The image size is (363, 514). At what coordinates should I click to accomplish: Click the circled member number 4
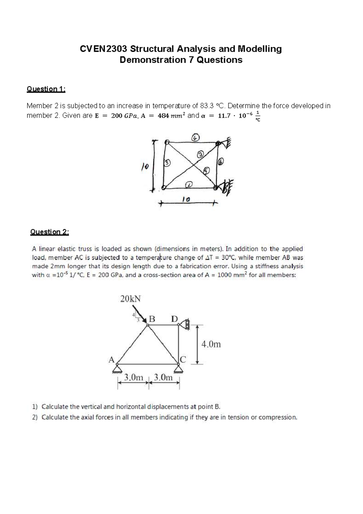pos(195,138)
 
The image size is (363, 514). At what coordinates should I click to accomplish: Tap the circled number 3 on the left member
pos(167,163)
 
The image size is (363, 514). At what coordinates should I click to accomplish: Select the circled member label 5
pos(207,171)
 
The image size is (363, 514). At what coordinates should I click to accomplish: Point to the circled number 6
pos(221,162)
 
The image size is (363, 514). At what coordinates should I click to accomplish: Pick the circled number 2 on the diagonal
pos(200,155)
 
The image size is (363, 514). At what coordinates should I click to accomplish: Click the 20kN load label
pos(130,299)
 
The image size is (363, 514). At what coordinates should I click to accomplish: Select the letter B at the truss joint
pos(152,319)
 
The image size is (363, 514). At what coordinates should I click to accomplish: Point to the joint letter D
pos(175,319)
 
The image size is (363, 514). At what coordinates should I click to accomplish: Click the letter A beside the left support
pos(111,360)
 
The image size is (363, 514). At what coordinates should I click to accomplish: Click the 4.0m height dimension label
pos(211,344)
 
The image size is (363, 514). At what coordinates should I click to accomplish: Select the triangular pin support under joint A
pos(117,369)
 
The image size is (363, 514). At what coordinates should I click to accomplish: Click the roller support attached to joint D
pos(185,325)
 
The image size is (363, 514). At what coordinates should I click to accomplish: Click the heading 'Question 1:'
pos(46,89)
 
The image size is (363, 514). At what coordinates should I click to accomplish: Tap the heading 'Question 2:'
pos(50,232)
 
